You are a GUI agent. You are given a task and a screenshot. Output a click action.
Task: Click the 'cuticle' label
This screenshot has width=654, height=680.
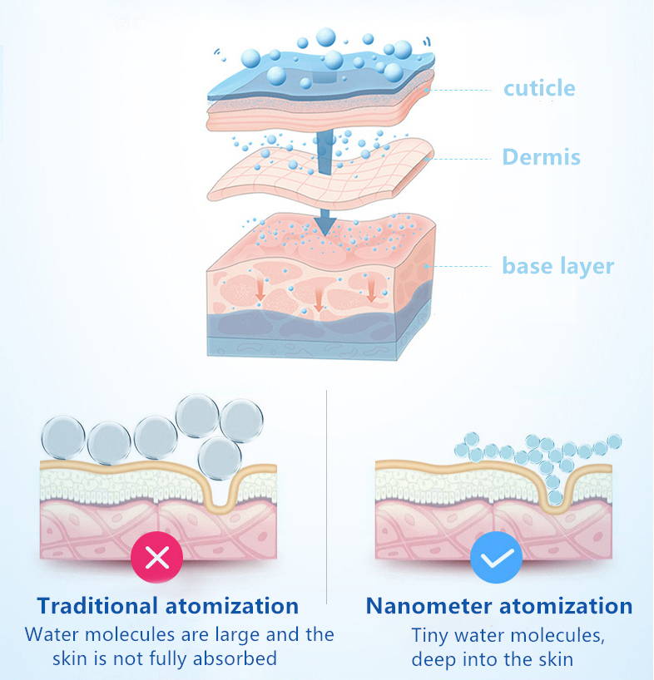click(x=539, y=88)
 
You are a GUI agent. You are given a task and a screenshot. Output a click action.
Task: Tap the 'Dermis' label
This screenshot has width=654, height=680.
click(x=541, y=156)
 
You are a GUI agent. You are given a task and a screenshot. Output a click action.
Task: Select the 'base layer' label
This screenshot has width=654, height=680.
click(x=558, y=266)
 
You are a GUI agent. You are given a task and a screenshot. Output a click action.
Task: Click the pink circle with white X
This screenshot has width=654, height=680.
click(x=156, y=557)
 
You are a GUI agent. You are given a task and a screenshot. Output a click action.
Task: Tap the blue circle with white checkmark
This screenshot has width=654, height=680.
click(x=496, y=557)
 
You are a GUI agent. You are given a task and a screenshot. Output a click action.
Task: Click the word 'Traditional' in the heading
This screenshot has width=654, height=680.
click(x=97, y=606)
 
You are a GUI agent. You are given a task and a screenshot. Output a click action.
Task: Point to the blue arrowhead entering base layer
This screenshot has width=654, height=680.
click(x=325, y=223)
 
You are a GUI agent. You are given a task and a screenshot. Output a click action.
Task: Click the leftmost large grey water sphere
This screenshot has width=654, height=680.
click(x=63, y=437)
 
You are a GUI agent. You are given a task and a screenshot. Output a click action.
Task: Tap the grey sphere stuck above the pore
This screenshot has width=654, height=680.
click(x=220, y=458)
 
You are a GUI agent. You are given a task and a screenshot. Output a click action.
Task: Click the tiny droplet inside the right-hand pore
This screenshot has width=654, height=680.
click(x=555, y=497)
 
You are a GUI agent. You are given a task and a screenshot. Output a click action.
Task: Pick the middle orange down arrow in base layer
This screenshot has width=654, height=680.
click(x=318, y=299)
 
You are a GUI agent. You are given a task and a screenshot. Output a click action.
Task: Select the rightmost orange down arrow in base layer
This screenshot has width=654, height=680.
click(x=371, y=289)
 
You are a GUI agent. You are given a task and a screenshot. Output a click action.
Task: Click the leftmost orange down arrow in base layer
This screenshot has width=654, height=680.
click(x=260, y=289)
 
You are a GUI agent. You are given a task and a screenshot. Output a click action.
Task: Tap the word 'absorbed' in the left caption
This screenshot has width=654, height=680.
click(x=235, y=658)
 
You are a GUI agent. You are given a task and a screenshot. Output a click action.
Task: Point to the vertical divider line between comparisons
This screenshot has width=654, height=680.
click(x=326, y=496)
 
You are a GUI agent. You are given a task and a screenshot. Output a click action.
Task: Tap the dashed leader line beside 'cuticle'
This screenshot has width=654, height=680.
click(x=461, y=91)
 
